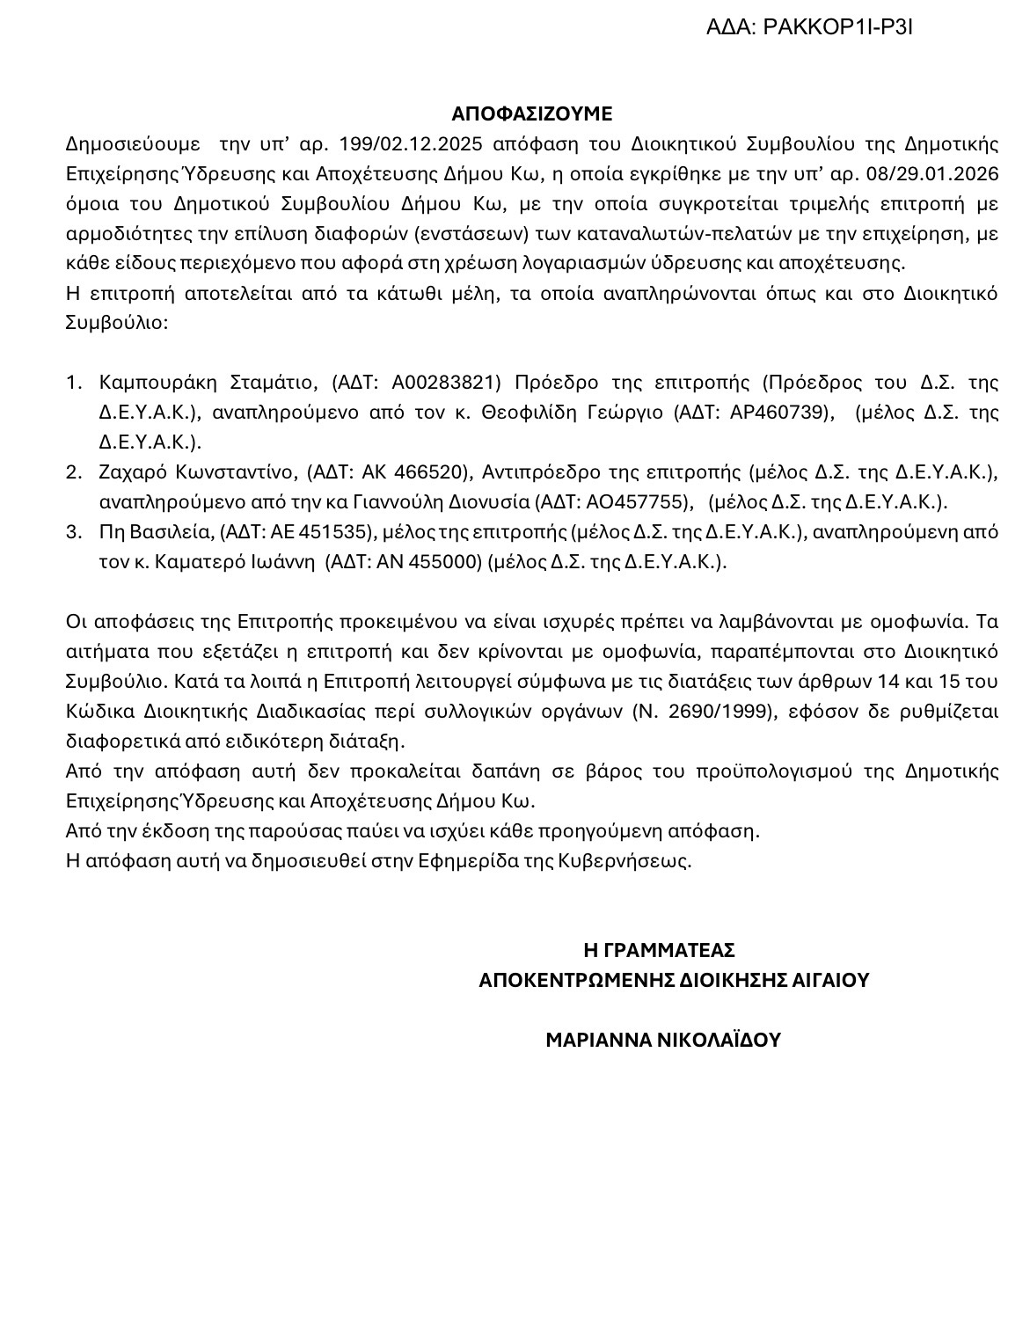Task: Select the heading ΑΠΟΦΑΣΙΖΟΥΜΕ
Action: click(531, 113)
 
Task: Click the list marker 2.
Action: click(74, 472)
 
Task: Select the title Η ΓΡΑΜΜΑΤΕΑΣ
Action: click(659, 951)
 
